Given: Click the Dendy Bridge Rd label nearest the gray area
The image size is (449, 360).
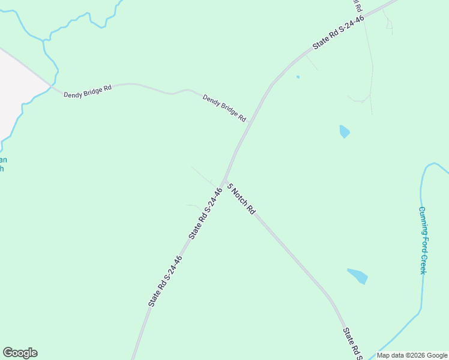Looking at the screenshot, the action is (x=88, y=91).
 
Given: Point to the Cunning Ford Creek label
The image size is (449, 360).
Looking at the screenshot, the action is (x=422, y=240).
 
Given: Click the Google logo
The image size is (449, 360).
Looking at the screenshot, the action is (x=20, y=353).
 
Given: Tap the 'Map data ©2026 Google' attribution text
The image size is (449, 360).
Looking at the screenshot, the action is (x=412, y=355).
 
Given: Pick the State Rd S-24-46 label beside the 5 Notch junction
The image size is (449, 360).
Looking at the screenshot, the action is (x=206, y=214).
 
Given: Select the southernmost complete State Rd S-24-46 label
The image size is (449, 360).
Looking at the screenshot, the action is (x=165, y=281).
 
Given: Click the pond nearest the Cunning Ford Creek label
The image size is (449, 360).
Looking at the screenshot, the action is (x=358, y=275).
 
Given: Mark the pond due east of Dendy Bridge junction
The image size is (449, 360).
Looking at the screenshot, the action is (x=344, y=131).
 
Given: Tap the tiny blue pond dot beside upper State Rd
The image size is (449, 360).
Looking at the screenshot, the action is (x=298, y=77).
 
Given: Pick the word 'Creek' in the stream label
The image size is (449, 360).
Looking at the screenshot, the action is (x=423, y=264).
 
